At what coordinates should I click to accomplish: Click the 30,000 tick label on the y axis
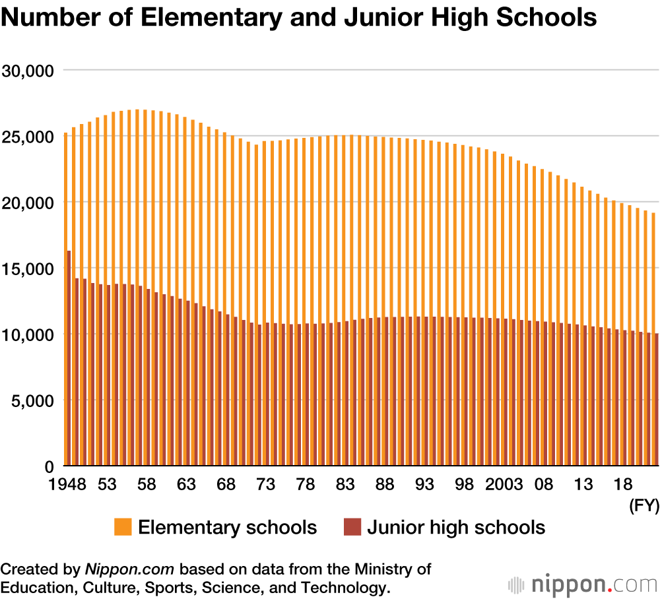coord(30,70)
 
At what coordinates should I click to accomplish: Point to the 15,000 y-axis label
coord(30,268)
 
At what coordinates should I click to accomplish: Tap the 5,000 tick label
coord(35,400)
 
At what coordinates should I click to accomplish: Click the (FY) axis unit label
coord(643,506)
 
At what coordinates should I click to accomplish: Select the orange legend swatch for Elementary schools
coord(123,528)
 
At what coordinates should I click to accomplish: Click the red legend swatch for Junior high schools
coord(352,528)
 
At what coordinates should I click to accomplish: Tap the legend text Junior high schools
coord(456,528)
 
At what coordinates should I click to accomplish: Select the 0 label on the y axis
coord(49,466)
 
